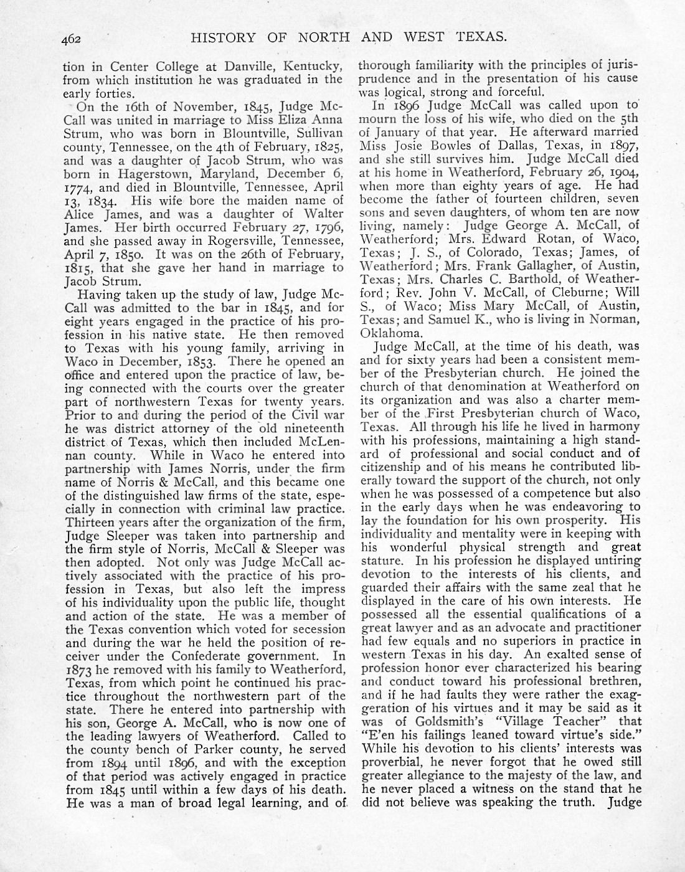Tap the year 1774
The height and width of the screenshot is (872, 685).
[x=78, y=187]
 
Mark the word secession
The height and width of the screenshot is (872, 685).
[x=310, y=629]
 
